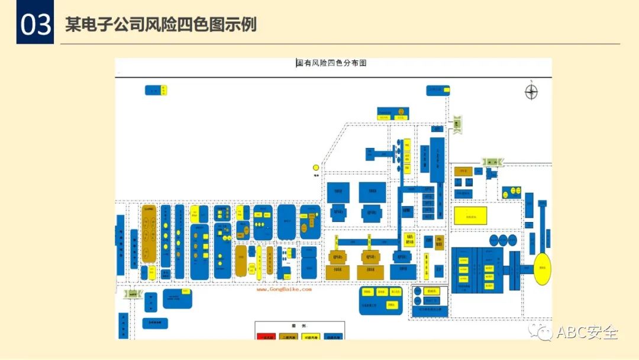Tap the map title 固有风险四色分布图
point(331,63)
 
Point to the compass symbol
point(531,91)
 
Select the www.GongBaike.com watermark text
point(283,290)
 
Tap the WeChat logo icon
point(541,332)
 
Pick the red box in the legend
point(266,336)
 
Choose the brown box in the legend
point(288,336)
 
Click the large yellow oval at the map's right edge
point(544,269)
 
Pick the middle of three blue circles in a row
point(503,240)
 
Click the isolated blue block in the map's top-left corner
point(156,90)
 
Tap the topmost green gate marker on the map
point(457,124)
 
